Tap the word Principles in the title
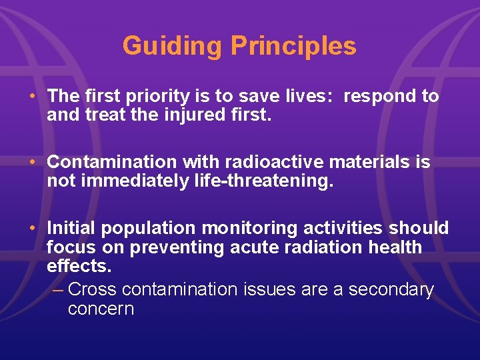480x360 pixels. (x=293, y=47)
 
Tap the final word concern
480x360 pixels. (x=101, y=309)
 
